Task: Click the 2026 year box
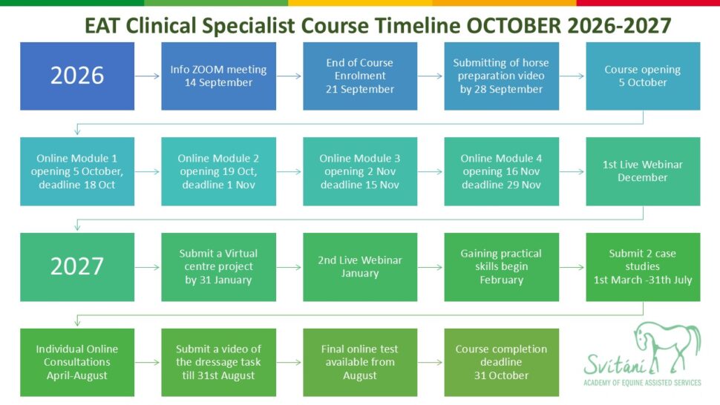pos(77,76)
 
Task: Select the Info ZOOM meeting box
pos(218,76)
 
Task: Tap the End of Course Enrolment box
pos(360,76)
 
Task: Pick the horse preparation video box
pos(502,76)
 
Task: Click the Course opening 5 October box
pos(643,76)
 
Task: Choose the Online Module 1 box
pos(77,171)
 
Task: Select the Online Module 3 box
pos(360,171)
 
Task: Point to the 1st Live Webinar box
pos(643,171)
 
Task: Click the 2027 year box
pos(77,267)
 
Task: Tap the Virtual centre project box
pos(218,267)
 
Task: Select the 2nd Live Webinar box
pos(360,267)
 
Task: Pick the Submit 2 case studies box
pos(643,267)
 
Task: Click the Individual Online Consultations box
pos(77,362)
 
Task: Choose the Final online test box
pos(360,362)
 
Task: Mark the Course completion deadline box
pos(502,362)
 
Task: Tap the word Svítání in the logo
pos(615,365)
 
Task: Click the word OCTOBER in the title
pos(514,26)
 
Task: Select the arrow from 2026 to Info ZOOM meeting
pos(148,76)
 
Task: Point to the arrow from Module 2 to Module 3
pos(289,171)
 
